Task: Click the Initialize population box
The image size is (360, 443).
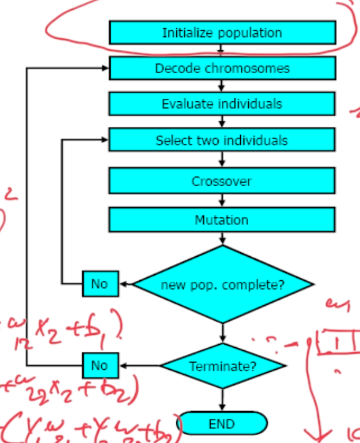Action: click(x=222, y=33)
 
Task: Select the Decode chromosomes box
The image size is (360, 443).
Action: click(x=222, y=68)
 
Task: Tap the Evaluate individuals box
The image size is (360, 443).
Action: click(x=222, y=104)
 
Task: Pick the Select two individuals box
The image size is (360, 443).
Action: click(x=222, y=140)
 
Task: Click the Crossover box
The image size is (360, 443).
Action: click(x=222, y=181)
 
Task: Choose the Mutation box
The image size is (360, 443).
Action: click(x=222, y=219)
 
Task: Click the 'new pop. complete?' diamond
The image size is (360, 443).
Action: click(x=223, y=284)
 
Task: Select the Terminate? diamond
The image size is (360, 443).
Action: click(x=222, y=367)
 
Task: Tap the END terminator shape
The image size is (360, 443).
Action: click(x=222, y=424)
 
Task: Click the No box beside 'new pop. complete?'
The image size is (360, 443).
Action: click(x=100, y=284)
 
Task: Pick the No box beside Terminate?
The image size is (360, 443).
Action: click(x=100, y=366)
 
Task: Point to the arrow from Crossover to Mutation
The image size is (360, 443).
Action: click(x=222, y=201)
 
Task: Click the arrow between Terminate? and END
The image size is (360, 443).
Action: click(x=222, y=401)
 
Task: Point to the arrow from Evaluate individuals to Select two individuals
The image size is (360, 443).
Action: click(x=222, y=122)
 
